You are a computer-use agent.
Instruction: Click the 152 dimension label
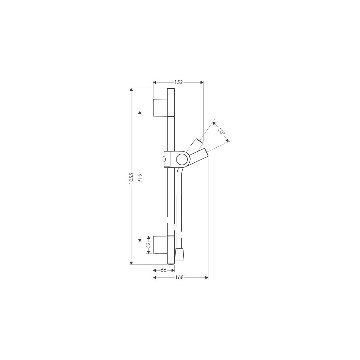[x=178, y=82]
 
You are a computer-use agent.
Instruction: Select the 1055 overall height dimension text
[x=131, y=178]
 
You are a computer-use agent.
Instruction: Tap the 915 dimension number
[x=140, y=178]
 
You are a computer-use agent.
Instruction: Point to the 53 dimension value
[x=149, y=245]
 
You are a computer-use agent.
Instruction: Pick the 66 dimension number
[x=163, y=270]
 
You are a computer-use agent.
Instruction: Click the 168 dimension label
[x=179, y=277]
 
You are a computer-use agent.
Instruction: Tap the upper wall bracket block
[x=160, y=108]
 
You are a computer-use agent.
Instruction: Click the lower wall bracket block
[x=160, y=244]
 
